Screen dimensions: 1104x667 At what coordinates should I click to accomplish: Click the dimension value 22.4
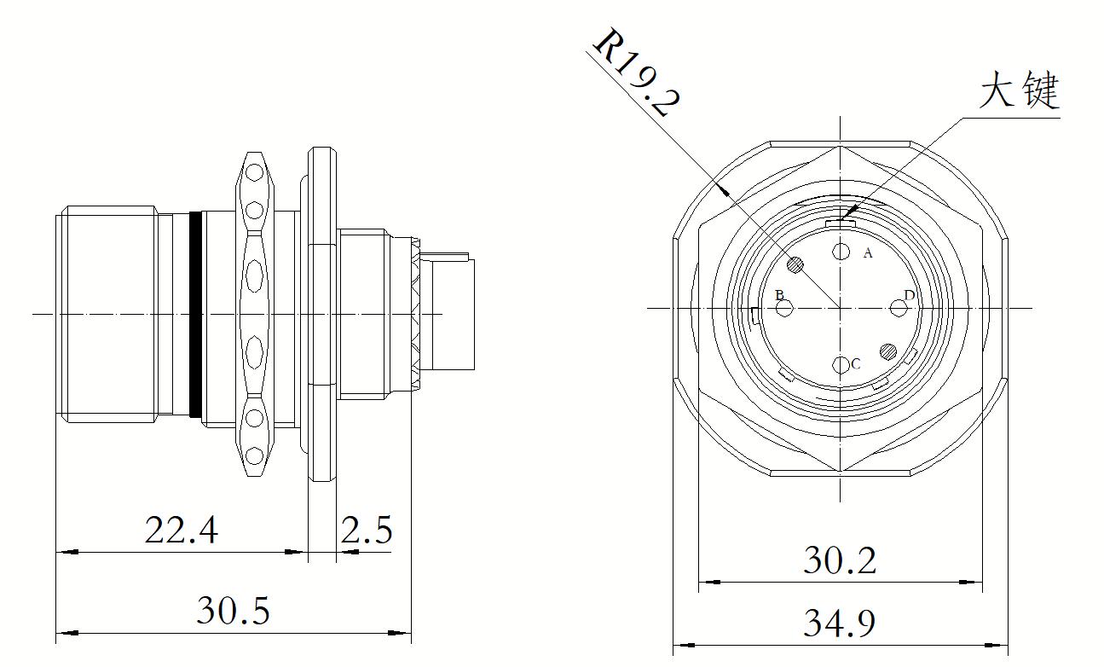(182, 530)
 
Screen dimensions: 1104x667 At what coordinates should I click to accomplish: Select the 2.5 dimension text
(367, 530)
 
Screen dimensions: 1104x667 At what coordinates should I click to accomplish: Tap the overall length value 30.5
(233, 611)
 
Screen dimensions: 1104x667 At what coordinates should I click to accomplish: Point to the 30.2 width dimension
(840, 560)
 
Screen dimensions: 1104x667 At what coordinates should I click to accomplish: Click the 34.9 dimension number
(840, 623)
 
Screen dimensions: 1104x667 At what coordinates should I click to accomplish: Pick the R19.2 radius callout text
(636, 73)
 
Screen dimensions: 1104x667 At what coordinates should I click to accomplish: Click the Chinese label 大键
(1019, 90)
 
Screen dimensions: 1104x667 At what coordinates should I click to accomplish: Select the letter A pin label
(868, 253)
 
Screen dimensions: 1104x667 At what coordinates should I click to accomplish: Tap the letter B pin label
(779, 295)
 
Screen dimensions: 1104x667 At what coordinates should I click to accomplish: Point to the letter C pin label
(856, 364)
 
